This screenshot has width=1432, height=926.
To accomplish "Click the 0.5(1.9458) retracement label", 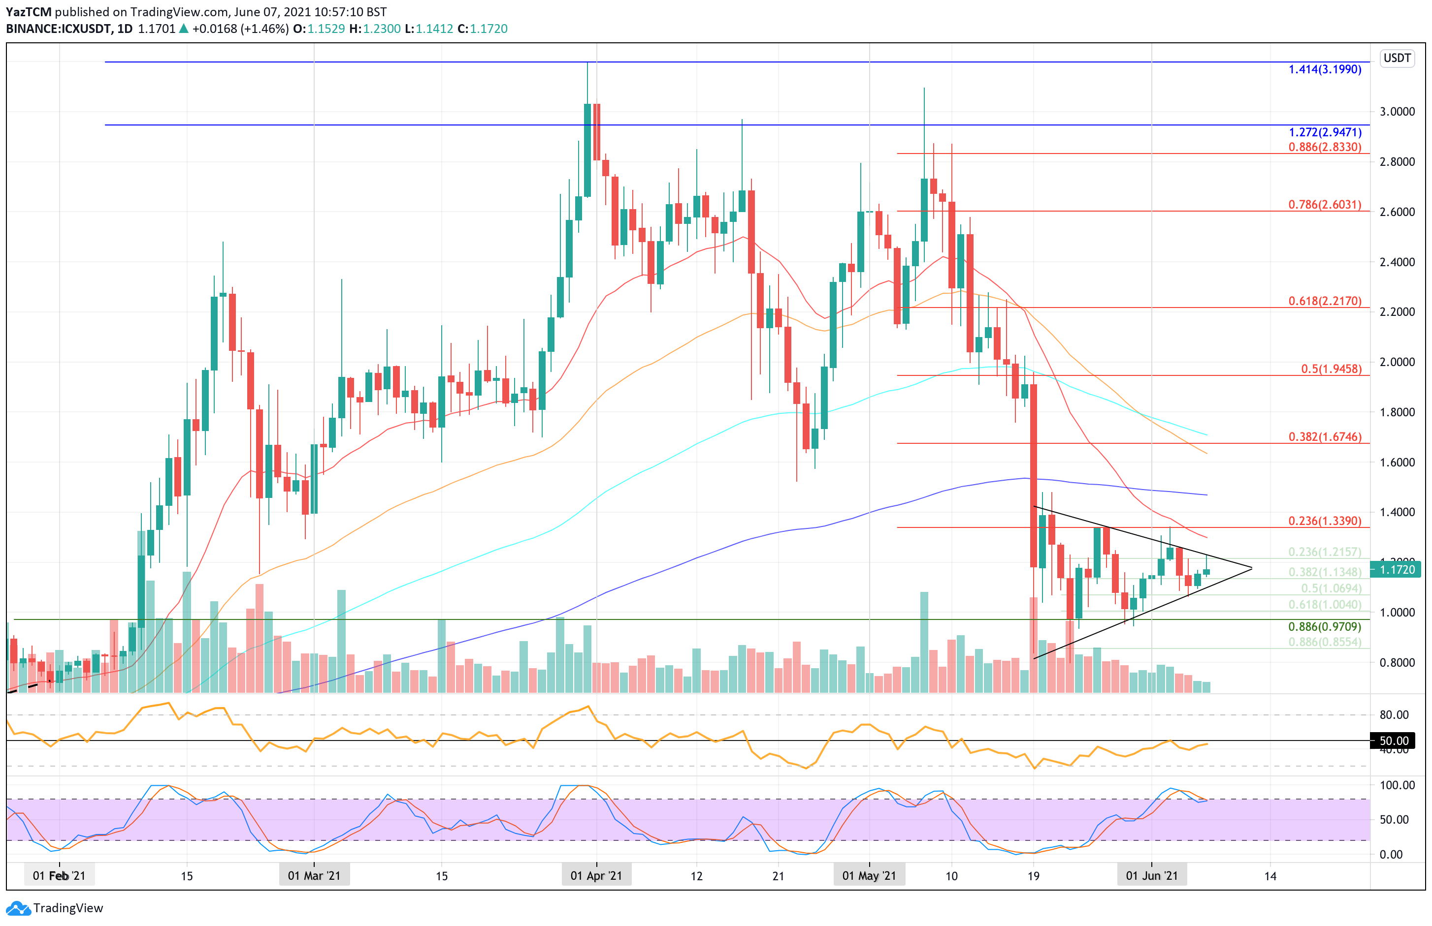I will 1331,369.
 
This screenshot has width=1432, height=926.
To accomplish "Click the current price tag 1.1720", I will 1396,569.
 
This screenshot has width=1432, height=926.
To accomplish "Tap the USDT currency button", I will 1397,59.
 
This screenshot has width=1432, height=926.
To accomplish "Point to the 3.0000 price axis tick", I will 1397,112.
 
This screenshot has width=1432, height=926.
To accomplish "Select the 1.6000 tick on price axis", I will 1397,463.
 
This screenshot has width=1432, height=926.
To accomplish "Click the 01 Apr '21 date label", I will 596,875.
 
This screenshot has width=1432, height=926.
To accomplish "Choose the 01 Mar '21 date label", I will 314,875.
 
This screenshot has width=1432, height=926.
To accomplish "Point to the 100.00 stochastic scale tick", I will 1397,785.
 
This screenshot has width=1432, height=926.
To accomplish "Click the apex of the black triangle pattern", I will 1251,568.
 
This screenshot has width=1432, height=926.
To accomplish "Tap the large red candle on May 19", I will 1033,475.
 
